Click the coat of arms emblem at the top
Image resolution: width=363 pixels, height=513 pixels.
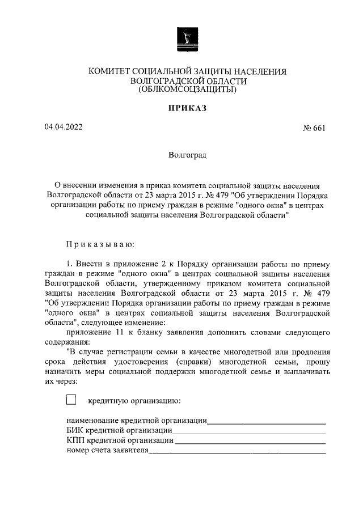click(x=185, y=40)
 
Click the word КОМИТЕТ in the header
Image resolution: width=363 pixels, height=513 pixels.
click(x=109, y=71)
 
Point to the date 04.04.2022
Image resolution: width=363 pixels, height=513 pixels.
click(x=64, y=127)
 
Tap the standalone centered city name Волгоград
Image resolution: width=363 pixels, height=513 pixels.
click(x=187, y=154)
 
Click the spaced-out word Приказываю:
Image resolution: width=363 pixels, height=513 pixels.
click(x=100, y=244)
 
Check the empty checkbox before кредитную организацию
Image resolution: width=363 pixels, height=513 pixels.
click(x=71, y=400)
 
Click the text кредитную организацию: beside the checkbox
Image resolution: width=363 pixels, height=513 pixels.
click(x=134, y=401)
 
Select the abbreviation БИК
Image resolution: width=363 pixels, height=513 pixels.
click(x=75, y=431)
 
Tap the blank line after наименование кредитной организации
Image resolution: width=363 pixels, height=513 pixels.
click(x=266, y=422)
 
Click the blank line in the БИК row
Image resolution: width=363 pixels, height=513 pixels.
click(x=250, y=433)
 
